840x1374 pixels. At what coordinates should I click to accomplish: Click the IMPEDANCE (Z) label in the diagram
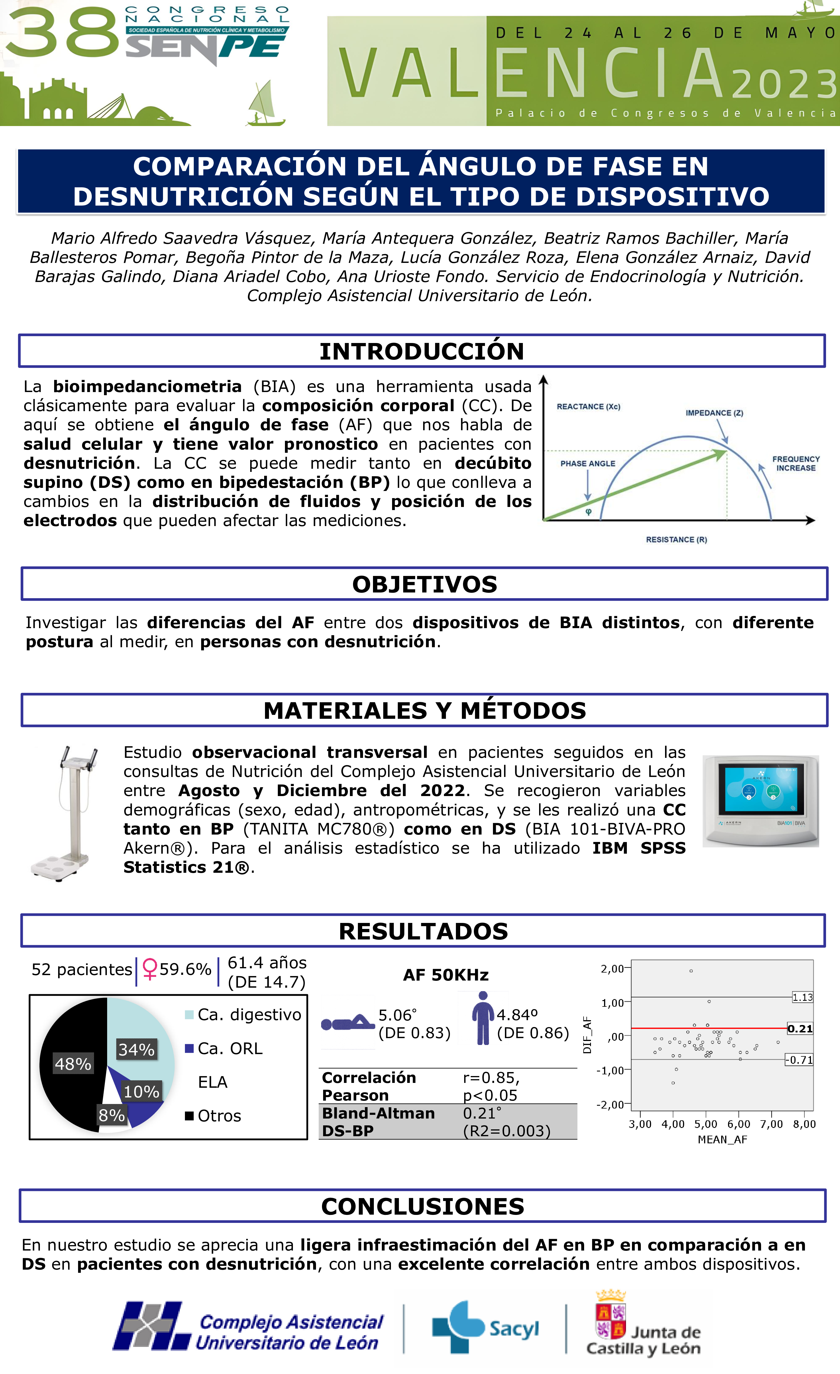point(714,413)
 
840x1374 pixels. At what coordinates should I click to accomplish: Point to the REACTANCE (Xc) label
point(588,407)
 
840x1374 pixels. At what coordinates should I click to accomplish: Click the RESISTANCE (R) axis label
point(676,539)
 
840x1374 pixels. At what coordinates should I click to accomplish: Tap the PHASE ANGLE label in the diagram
point(588,463)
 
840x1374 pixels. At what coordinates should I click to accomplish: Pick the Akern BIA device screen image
point(760,801)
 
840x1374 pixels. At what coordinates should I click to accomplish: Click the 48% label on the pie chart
point(73,1064)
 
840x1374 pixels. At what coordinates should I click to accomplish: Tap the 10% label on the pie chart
point(141,1091)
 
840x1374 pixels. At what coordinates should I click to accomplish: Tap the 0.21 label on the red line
point(800,1028)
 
